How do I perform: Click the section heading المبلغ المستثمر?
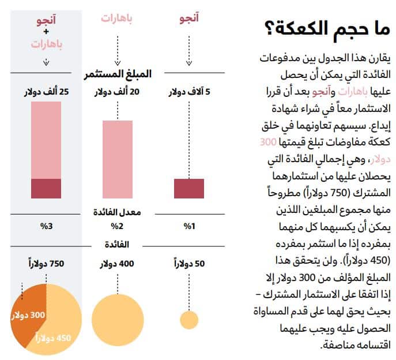(x=118, y=74)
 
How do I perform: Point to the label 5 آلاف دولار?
(x=189, y=92)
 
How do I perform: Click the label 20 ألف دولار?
(x=118, y=92)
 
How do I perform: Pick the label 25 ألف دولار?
(x=46, y=92)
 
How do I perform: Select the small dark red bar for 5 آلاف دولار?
(x=189, y=189)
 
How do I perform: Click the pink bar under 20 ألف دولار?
(x=118, y=159)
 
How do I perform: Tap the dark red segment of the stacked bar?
(x=46, y=189)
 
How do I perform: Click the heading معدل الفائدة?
(x=118, y=212)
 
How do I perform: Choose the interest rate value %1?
(x=189, y=226)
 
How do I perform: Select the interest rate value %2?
(x=118, y=226)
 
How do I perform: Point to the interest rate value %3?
(x=46, y=226)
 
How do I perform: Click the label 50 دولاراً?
(x=189, y=264)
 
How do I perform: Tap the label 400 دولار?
(x=118, y=264)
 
